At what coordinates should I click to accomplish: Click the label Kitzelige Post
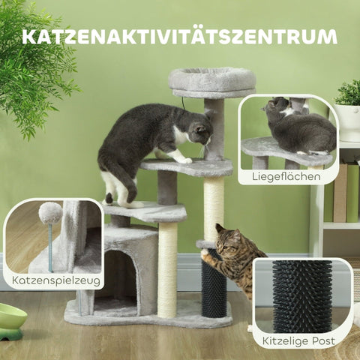302,341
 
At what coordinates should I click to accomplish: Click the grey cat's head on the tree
200,133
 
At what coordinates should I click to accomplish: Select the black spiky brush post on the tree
214,287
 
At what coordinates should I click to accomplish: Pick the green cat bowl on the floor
12,319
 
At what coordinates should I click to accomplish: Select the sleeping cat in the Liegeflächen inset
300,129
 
